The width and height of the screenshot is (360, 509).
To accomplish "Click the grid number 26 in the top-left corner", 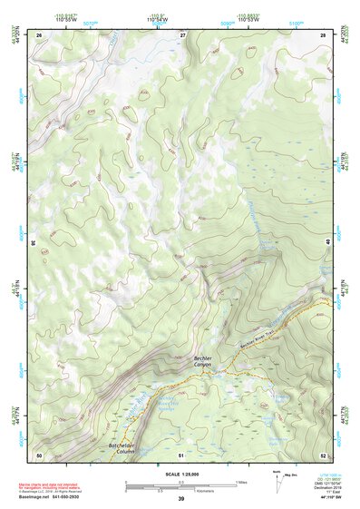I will pyautogui.click(x=39, y=34).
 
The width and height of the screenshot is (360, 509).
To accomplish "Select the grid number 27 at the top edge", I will pyautogui.click(x=182, y=34).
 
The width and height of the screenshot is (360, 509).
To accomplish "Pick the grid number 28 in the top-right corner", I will pyautogui.click(x=323, y=34).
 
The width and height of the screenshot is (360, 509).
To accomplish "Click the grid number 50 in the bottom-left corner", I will pyautogui.click(x=39, y=454).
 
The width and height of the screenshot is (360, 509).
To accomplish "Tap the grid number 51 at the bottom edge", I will pyautogui.click(x=181, y=454).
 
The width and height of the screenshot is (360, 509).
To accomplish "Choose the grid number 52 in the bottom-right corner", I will pyautogui.click(x=323, y=454).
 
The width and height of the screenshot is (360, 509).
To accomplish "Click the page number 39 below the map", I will pyautogui.click(x=180, y=499).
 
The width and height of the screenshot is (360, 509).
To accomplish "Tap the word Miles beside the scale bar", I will pyautogui.click(x=242, y=481).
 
